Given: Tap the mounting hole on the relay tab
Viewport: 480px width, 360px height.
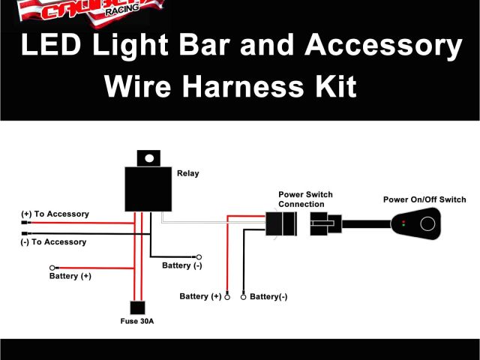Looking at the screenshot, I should pyautogui.click(x=149, y=158).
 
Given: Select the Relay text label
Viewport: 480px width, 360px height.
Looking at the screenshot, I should pyautogui.click(x=187, y=173).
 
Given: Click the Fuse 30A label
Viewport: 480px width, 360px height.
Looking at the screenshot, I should pyautogui.click(x=136, y=321).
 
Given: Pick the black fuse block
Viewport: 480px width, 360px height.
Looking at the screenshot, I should pyautogui.click(x=137, y=307).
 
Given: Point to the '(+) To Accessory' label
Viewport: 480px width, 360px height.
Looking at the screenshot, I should pyautogui.click(x=55, y=214).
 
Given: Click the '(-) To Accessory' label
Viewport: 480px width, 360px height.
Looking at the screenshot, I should pyautogui.click(x=53, y=242).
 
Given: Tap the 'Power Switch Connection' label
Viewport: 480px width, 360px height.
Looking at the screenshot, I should pyautogui.click(x=305, y=199).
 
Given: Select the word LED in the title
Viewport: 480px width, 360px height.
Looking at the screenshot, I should pyautogui.click(x=49, y=46).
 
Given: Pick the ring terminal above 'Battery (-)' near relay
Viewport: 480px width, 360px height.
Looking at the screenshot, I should pyautogui.click(x=199, y=256).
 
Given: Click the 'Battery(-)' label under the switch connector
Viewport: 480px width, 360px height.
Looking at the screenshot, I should pyautogui.click(x=268, y=297).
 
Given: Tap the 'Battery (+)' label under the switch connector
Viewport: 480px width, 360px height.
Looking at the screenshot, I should pyautogui.click(x=200, y=297).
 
